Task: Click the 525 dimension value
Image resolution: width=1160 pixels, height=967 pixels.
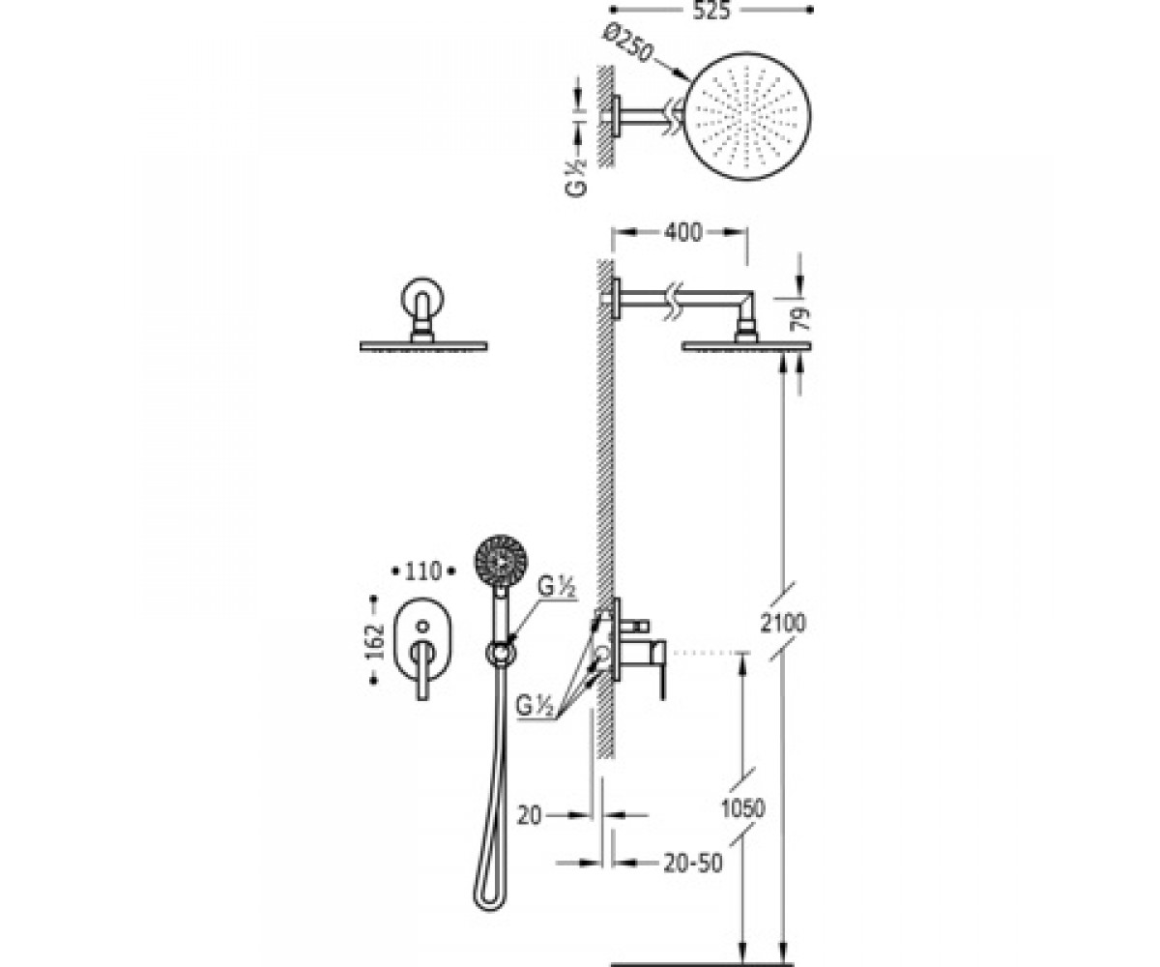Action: point(710,11)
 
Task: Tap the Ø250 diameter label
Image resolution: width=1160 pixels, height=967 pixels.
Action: point(626,44)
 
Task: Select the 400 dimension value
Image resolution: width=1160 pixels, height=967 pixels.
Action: point(682,232)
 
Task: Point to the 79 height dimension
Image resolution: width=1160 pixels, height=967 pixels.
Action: point(802,319)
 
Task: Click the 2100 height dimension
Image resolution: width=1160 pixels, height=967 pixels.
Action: point(782,623)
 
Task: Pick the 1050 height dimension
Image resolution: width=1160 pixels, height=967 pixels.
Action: point(743,808)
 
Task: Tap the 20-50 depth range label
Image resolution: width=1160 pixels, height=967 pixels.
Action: point(693,863)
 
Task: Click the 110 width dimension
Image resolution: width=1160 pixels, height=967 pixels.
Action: point(422,571)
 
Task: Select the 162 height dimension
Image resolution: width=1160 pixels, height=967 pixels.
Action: point(376,641)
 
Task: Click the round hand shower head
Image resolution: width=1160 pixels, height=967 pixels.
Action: point(501,561)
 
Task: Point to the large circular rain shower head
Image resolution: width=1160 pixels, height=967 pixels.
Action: point(749,116)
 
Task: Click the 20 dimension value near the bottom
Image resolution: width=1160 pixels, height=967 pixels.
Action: point(530,815)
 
